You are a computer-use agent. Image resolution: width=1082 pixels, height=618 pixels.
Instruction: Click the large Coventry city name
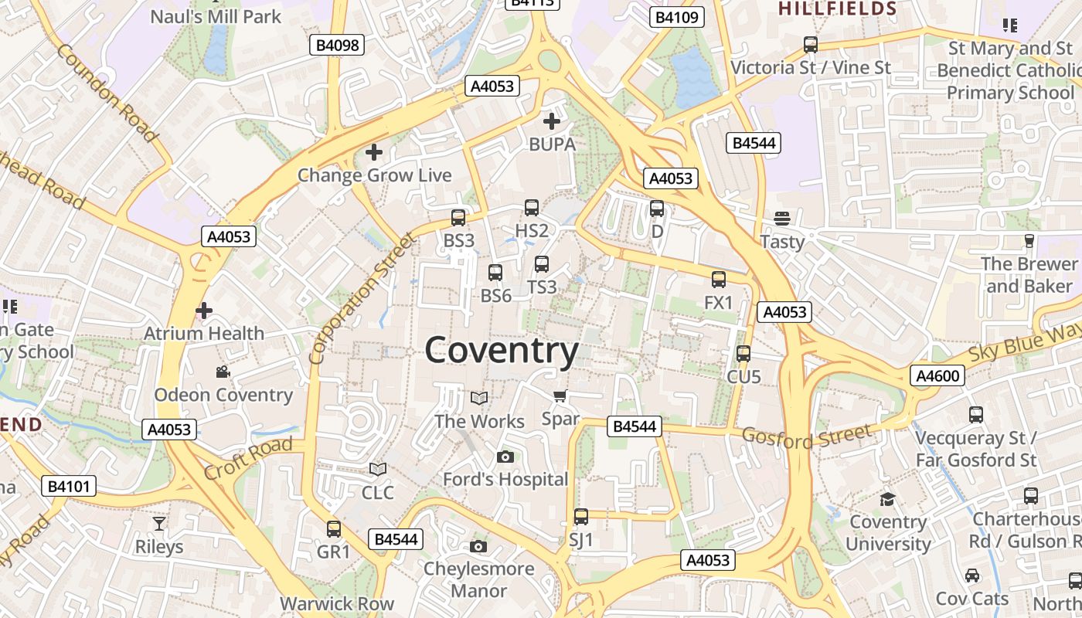tap(502, 351)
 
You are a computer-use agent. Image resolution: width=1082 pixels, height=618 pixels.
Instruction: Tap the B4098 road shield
tap(337, 45)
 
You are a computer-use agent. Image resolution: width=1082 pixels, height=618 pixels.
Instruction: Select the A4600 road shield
tap(937, 376)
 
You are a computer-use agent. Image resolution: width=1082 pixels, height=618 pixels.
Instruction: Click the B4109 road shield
tap(676, 17)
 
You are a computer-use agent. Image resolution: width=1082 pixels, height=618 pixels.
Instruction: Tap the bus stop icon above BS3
tap(458, 218)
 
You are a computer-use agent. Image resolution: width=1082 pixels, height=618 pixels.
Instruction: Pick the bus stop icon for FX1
tap(719, 280)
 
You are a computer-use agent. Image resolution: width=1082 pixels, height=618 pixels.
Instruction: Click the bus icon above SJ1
tap(580, 517)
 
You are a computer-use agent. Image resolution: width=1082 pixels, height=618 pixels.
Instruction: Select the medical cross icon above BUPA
tap(552, 121)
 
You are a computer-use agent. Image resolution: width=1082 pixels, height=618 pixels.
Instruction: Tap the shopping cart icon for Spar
tap(560, 396)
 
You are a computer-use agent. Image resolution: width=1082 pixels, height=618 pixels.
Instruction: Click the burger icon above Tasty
tap(782, 219)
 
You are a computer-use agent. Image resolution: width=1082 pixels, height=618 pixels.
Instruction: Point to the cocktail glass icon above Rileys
tap(159, 524)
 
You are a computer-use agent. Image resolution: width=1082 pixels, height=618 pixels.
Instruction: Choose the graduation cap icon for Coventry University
tap(887, 499)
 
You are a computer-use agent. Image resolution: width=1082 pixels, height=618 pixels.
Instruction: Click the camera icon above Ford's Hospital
tap(505, 457)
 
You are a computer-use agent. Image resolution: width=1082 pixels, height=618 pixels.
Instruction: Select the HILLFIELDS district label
tap(837, 9)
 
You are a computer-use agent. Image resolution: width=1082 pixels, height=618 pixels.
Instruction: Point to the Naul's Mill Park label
tap(216, 16)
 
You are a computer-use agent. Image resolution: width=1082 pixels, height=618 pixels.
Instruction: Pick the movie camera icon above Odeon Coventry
tap(223, 372)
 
